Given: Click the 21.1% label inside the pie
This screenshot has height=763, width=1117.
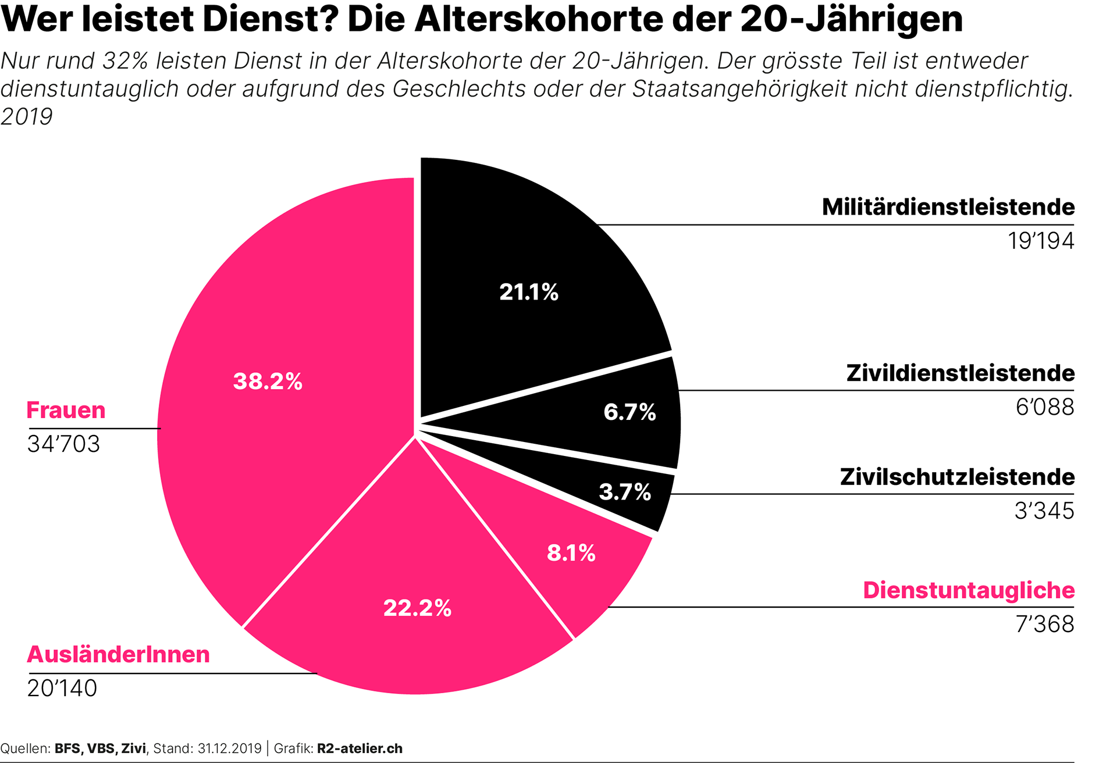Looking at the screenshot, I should tap(528, 292).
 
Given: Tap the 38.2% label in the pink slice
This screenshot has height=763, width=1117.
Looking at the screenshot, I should tap(268, 381).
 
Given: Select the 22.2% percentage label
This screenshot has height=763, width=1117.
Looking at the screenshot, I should tap(417, 608).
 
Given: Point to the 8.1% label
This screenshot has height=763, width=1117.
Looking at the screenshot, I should tap(571, 553).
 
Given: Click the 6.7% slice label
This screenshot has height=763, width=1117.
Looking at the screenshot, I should tap(629, 412).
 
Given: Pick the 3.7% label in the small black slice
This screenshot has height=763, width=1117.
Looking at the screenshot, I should tap(625, 493).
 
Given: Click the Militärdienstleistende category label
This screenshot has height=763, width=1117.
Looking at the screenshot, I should tap(948, 207).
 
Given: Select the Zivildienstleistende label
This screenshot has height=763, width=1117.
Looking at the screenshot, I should tap(960, 373).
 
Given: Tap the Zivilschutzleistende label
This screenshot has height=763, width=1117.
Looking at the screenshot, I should tap(957, 477).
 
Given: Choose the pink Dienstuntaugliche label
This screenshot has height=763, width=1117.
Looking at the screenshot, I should tap(969, 590).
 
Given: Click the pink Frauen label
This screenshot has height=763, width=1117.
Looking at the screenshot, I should tap(66, 411).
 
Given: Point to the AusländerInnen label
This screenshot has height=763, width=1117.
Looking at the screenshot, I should tap(118, 655).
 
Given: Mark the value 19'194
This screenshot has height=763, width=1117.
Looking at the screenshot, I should tap(1041, 241).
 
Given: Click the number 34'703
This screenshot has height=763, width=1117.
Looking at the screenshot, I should tap(63, 444).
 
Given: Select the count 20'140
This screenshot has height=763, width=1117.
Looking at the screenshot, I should tap(62, 689).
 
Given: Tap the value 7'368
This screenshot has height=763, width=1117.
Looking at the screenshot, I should tap(1045, 625).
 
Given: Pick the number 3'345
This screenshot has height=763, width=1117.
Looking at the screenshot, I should tap(1044, 511).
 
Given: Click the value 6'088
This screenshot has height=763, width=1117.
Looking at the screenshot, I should tap(1045, 407).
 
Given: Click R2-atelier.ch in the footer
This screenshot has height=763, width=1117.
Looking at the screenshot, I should tap(360, 748).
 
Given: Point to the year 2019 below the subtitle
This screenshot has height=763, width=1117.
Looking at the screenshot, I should tap(26, 117).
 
